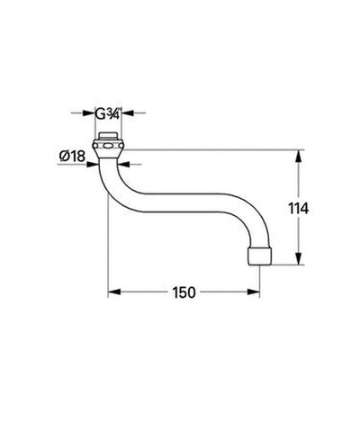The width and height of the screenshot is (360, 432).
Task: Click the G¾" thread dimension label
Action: [108, 113]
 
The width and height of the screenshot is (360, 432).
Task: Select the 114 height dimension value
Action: [300, 208]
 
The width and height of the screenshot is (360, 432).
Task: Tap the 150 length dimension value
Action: [185, 293]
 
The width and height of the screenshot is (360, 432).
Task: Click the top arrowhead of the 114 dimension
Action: [300, 154]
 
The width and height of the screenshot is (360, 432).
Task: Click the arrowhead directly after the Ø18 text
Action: [92, 163]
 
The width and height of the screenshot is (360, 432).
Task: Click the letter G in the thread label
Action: [101, 113]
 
